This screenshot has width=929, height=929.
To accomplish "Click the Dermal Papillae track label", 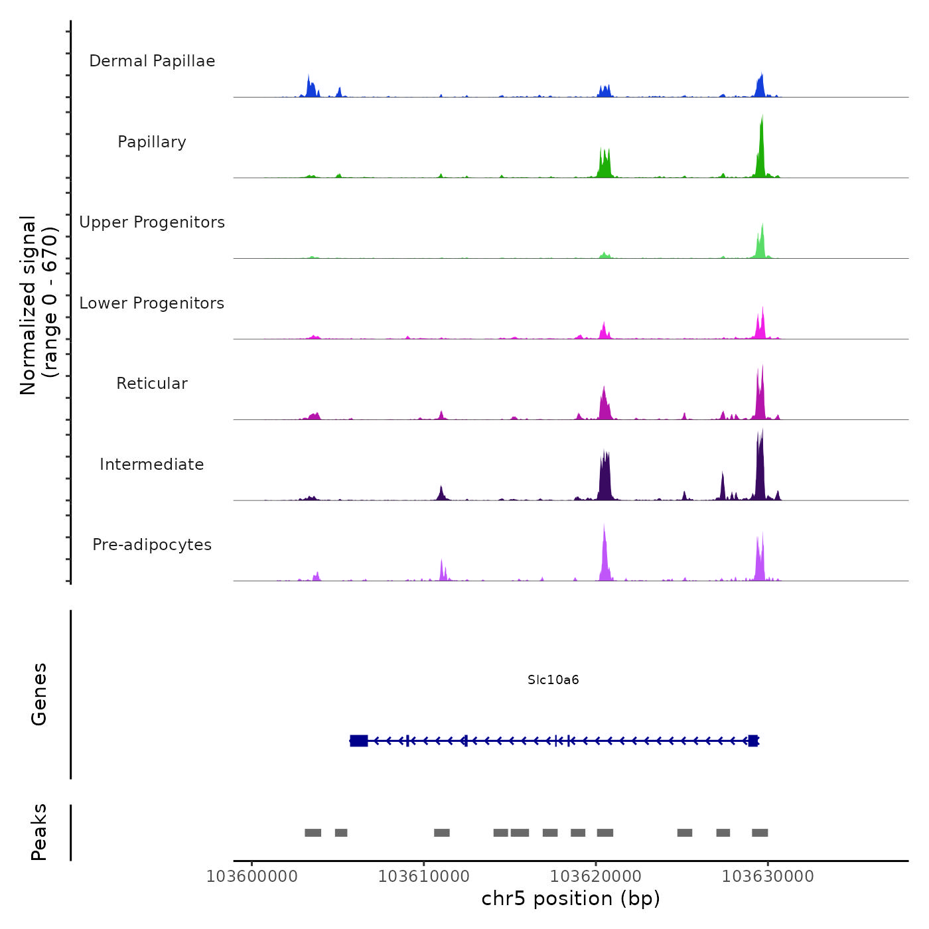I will point(152,61).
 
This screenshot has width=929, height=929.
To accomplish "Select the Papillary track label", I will point(152,142).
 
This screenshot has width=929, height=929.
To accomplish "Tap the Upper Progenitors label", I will point(152,222).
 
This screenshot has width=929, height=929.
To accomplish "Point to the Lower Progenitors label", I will point(152,303).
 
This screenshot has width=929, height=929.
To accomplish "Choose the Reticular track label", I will point(152,384).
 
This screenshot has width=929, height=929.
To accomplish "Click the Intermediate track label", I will point(152,464).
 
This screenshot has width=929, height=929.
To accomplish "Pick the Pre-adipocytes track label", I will point(152,545).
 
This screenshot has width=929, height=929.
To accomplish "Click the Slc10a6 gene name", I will point(553,679).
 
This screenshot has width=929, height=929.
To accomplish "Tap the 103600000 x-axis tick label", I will point(252,877).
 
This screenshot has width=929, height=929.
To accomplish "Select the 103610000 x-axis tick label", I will point(424,877).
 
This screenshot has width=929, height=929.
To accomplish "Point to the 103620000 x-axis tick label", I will point(596,877).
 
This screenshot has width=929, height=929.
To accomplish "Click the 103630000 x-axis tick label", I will point(768,877).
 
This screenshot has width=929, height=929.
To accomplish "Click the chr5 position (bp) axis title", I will point(571,899).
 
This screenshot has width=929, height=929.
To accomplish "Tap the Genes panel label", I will point(39,694).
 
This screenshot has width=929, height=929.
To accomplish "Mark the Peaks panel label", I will point(39,832).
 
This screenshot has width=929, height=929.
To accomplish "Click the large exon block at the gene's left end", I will point(359,741).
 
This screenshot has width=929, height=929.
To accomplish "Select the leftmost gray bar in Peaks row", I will point(313,833).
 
